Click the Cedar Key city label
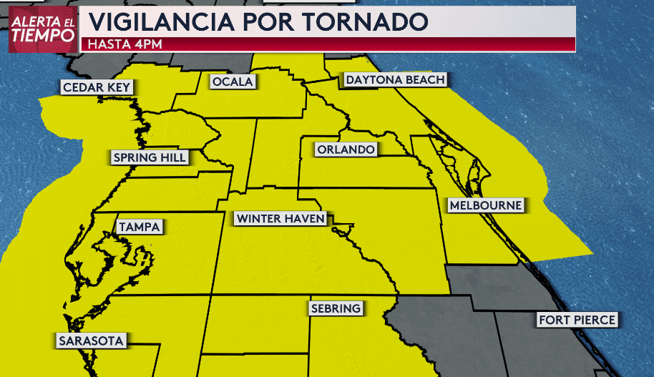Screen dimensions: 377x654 [x=98, y=88]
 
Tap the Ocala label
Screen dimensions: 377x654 [x=233, y=82]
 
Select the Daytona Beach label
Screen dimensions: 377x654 [x=395, y=79]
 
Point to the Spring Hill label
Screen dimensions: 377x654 [x=150, y=157]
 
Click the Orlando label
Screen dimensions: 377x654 [x=346, y=150]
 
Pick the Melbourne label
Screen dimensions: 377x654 [x=485, y=205]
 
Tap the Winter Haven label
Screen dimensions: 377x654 [x=280, y=218]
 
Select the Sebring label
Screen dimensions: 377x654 [x=336, y=308]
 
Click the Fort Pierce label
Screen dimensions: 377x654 [x=577, y=320]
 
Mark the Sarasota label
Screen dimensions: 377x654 [x=92, y=341]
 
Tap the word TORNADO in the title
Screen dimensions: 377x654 [x=366, y=21]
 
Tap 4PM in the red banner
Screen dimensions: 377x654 [x=148, y=44]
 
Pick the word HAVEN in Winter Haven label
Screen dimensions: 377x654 [x=305, y=218]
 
